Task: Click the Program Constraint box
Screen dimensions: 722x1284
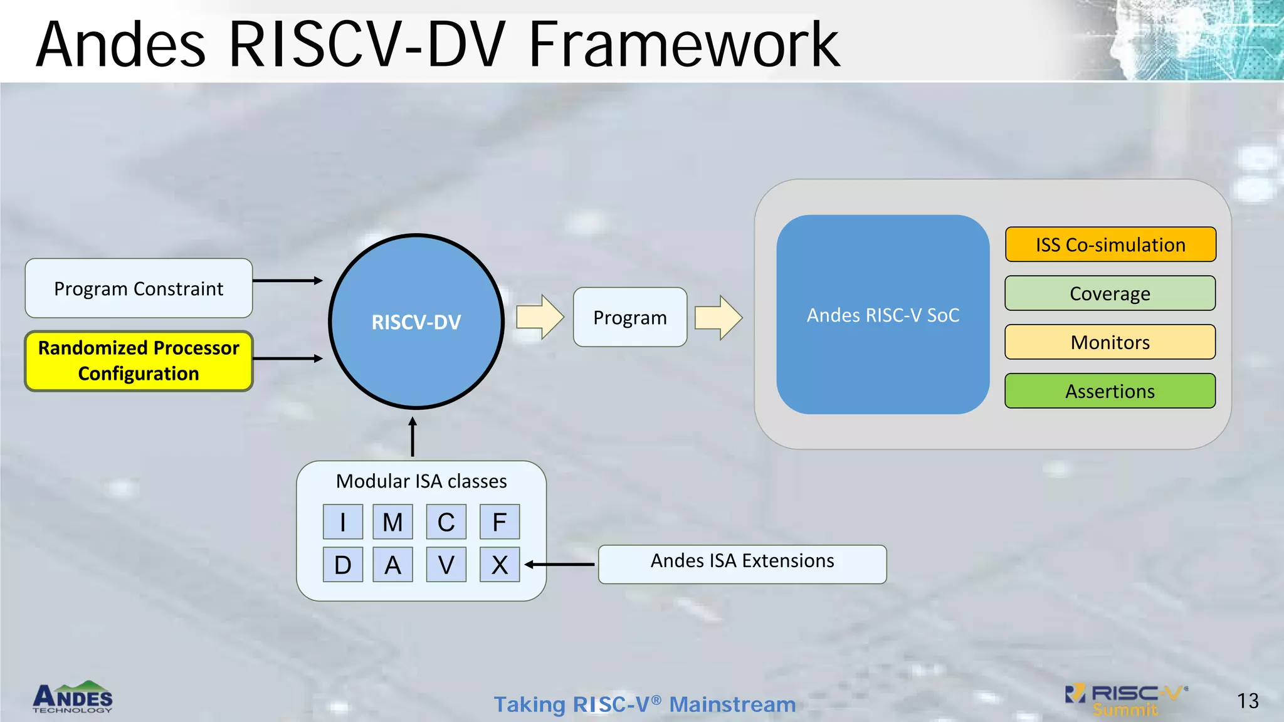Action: [x=139, y=288]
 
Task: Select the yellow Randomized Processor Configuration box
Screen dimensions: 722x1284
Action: [x=139, y=361]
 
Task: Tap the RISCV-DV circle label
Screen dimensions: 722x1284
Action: [x=416, y=322]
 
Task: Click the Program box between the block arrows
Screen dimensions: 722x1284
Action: [x=629, y=317]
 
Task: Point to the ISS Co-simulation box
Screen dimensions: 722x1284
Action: [x=1110, y=244]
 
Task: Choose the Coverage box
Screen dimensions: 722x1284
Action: [x=1110, y=293]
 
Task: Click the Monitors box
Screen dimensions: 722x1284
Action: [x=1110, y=342]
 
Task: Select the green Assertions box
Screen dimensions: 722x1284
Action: [x=1110, y=391]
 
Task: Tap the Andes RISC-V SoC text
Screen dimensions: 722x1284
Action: [x=883, y=315]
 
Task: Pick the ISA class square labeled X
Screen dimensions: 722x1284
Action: [x=500, y=565]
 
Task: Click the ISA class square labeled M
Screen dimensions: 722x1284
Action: [x=392, y=521]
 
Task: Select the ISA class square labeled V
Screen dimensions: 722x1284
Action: [x=446, y=565]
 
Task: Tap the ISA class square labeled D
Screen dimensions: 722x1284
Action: [x=342, y=565]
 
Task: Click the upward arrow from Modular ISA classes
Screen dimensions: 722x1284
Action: [x=413, y=437]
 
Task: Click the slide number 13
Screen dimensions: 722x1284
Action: [x=1248, y=701]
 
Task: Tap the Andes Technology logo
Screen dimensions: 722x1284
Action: [x=73, y=698]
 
